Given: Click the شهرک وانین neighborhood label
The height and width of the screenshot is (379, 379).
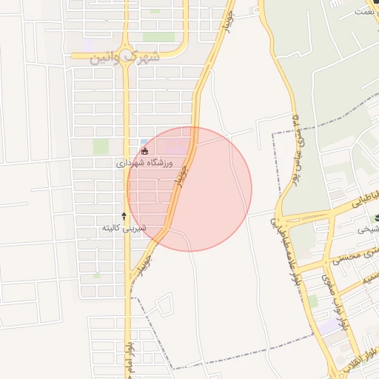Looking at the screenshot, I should [124, 57].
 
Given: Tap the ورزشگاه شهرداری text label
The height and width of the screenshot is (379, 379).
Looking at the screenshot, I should [144, 162].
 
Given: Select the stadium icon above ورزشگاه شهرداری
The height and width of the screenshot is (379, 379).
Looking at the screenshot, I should [144, 152].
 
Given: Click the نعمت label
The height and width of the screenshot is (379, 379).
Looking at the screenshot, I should [367, 11].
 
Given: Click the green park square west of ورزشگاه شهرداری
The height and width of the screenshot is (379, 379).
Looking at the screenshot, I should [101, 147].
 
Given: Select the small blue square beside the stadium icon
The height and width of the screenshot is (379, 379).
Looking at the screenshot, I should [144, 141].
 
